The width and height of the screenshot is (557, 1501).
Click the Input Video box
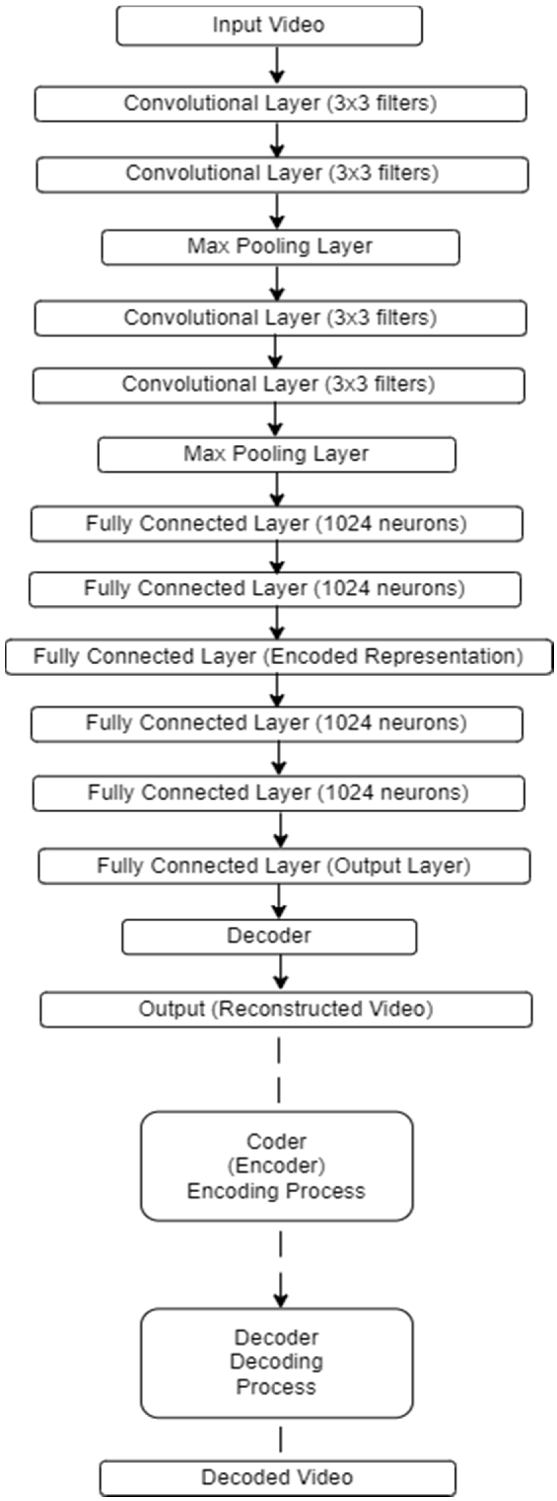269,26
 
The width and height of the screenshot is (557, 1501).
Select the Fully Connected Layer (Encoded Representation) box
279,657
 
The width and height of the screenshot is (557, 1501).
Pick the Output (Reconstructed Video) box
286,1009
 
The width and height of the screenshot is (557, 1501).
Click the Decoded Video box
277,1478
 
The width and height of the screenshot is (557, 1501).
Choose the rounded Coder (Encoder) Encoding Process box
277,1166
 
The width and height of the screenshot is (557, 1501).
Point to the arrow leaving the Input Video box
277,65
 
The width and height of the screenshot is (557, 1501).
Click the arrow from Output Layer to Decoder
279,901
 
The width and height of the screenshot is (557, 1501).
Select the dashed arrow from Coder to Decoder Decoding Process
281,1269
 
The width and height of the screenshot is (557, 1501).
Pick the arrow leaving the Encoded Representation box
277,691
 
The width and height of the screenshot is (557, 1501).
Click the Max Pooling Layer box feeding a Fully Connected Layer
277,455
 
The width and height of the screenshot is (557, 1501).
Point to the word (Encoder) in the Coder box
276,1165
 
